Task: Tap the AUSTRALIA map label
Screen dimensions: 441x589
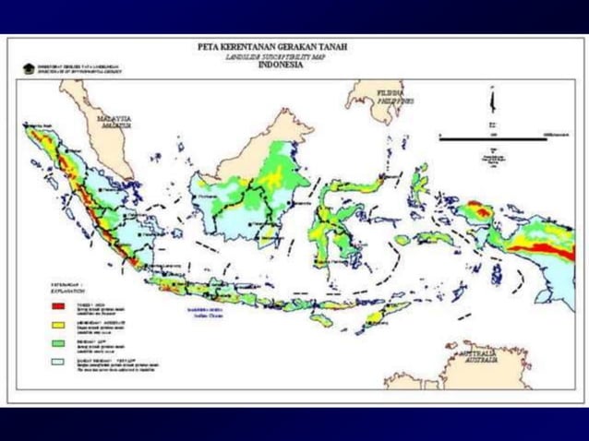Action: [478, 357]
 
